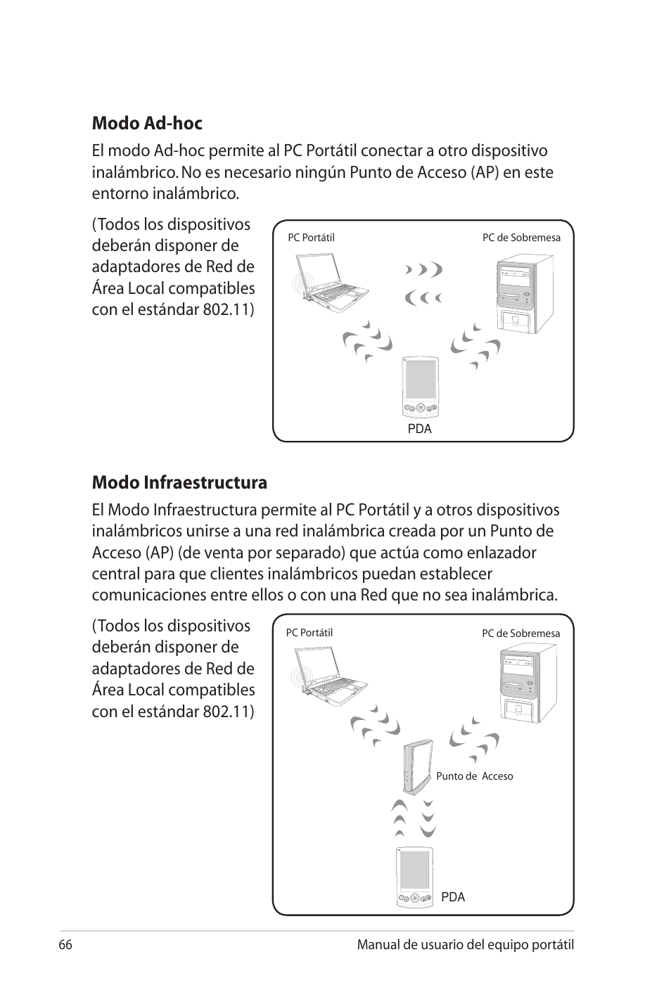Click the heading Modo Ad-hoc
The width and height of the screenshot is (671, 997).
click(147, 124)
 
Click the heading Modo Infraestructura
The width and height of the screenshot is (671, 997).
click(179, 483)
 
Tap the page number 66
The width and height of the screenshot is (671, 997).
click(66, 945)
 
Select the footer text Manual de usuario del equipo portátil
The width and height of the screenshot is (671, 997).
click(465, 945)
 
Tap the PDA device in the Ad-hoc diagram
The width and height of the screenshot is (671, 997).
click(419, 387)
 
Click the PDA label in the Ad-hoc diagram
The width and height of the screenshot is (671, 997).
click(419, 429)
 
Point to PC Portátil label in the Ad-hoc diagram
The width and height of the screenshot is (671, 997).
click(311, 238)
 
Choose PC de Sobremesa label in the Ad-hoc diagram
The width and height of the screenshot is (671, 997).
click(521, 238)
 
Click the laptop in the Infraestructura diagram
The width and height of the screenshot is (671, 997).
click(329, 676)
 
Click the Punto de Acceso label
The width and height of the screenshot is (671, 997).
click(474, 776)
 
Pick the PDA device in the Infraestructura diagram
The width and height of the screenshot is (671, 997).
click(414, 877)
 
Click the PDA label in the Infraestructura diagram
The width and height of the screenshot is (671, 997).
click(453, 897)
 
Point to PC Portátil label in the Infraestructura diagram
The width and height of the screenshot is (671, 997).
click(309, 633)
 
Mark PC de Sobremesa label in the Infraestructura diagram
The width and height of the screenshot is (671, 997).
click(520, 633)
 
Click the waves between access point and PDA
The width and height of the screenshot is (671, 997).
click(415, 818)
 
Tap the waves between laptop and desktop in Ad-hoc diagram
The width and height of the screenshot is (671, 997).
click(424, 283)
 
